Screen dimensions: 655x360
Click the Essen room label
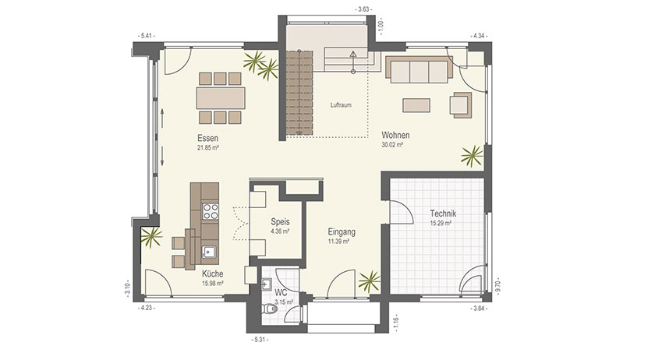click(x=208, y=138)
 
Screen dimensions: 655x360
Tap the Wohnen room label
click(x=395, y=136)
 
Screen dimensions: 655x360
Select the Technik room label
click(x=443, y=214)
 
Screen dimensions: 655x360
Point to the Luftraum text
click(x=341, y=105)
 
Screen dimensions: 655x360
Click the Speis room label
click(x=280, y=222)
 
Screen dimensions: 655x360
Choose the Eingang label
click(x=342, y=231)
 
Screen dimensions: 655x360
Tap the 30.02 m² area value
click(x=392, y=145)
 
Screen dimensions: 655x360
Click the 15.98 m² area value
click(x=213, y=283)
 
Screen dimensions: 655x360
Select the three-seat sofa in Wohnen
click(x=419, y=69)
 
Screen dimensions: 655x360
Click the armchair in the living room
click(x=461, y=104)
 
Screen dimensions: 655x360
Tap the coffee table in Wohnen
click(x=416, y=105)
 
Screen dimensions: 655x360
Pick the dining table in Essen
click(x=221, y=97)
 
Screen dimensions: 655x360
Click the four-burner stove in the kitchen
click(x=210, y=211)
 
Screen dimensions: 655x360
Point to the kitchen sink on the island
click(x=209, y=252)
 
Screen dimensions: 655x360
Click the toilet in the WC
click(x=270, y=309)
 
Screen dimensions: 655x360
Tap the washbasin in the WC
click(x=267, y=284)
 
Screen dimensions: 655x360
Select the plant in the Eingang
click(x=370, y=281)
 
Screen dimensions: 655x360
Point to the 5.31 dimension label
click(x=259, y=340)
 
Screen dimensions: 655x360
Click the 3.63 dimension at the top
click(x=363, y=9)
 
